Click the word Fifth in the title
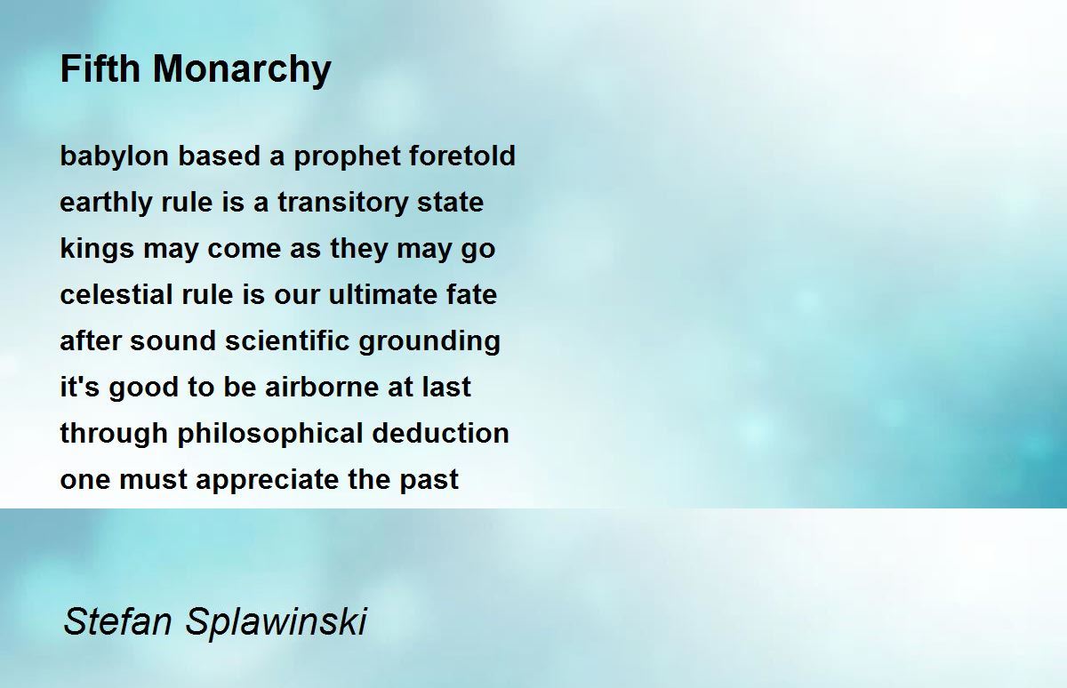(x=100, y=68)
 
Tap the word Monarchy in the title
(x=242, y=71)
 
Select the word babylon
(x=115, y=156)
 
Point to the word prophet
(x=347, y=156)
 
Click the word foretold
(x=462, y=156)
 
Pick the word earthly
(x=106, y=203)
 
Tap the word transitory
(x=343, y=203)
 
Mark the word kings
(x=97, y=249)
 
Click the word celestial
(x=116, y=294)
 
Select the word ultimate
(x=383, y=294)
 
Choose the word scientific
(x=288, y=340)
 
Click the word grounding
(x=429, y=342)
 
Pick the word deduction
(x=441, y=433)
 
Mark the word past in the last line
(x=429, y=480)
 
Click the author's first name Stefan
(x=117, y=621)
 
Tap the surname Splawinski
(x=277, y=622)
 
